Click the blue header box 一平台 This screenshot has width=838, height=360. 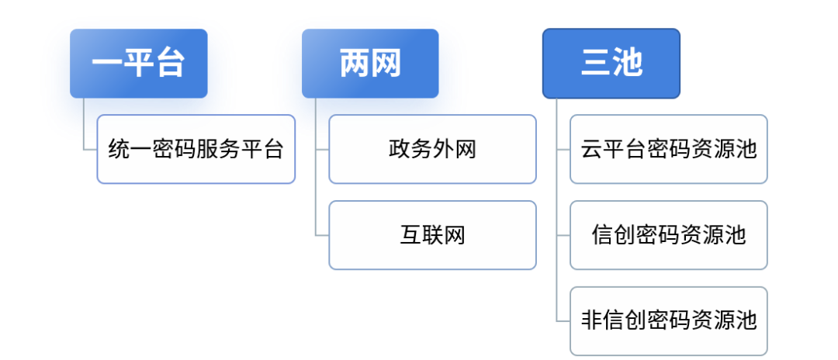click(138, 64)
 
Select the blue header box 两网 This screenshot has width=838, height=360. click(370, 64)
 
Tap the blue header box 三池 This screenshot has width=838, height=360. click(611, 64)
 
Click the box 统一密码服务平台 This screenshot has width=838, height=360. click(196, 149)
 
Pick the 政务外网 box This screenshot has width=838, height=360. click(432, 149)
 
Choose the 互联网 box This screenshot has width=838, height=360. click(432, 235)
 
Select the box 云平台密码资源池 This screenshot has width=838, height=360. click(669, 149)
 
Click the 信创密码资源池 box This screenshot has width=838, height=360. click(669, 235)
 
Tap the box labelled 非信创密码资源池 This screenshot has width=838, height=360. click(669, 320)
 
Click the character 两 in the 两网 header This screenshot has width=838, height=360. click(355, 64)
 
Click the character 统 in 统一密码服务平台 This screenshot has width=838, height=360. click(119, 149)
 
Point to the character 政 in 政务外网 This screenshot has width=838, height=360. click(400, 149)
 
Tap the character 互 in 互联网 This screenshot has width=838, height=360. click(410, 235)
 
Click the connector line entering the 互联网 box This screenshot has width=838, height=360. click(322, 235)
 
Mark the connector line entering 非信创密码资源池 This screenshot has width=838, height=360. click(563, 320)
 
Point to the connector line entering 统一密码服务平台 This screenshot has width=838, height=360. click(90, 149)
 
